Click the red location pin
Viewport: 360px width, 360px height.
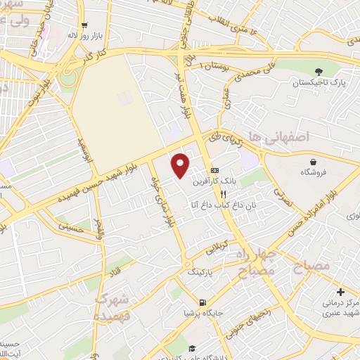181,165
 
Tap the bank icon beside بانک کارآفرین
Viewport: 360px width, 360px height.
214,171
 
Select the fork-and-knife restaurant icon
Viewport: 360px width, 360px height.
224,194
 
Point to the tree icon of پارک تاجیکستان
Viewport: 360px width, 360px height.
319,72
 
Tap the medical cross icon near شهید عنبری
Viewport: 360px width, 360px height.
341,292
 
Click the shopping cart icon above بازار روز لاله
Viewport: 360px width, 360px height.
82,24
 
